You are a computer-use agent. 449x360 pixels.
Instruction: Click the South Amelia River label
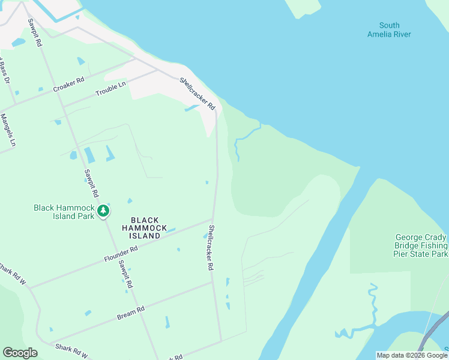click(x=389, y=29)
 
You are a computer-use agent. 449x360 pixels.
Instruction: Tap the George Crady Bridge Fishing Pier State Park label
click(x=421, y=246)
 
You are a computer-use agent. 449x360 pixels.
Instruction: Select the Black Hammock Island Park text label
click(x=64, y=212)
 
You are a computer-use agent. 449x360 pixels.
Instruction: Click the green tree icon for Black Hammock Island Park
click(x=104, y=210)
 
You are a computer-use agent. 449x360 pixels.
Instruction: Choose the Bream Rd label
click(x=131, y=313)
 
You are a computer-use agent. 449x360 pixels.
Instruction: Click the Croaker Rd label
click(x=68, y=84)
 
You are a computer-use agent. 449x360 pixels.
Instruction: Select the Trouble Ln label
click(x=111, y=89)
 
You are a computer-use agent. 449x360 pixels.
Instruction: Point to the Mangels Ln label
click(x=8, y=130)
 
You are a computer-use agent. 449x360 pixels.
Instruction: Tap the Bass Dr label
click(x=5, y=71)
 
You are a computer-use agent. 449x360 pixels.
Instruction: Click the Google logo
click(x=20, y=353)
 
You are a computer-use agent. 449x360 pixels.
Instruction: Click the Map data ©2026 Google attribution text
click(x=412, y=355)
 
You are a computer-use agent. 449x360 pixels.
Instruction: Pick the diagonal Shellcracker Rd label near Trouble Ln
click(x=197, y=93)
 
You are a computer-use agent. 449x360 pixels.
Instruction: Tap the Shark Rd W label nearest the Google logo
click(x=71, y=350)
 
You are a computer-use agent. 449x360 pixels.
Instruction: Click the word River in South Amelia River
click(x=399, y=34)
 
